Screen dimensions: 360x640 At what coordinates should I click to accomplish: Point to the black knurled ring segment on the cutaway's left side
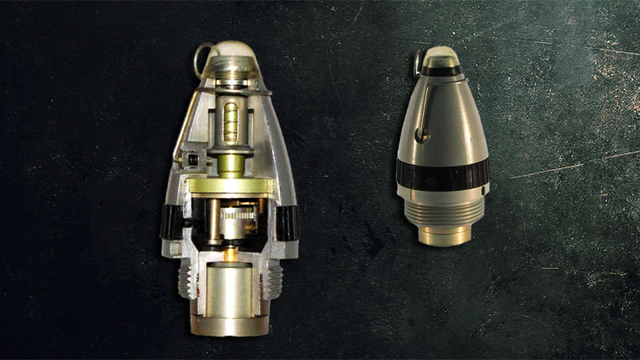click(170, 221)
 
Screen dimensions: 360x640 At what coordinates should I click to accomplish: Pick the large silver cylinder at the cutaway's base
click(228, 288)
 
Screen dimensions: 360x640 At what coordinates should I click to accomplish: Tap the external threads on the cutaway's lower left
click(185, 272)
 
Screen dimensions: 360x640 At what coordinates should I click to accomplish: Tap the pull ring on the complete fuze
click(416, 63)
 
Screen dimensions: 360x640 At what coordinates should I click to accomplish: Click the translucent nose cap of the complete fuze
click(440, 56)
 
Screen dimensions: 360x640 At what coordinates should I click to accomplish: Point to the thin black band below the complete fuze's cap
click(440, 71)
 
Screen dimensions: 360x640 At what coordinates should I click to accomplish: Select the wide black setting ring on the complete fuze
click(442, 174)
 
